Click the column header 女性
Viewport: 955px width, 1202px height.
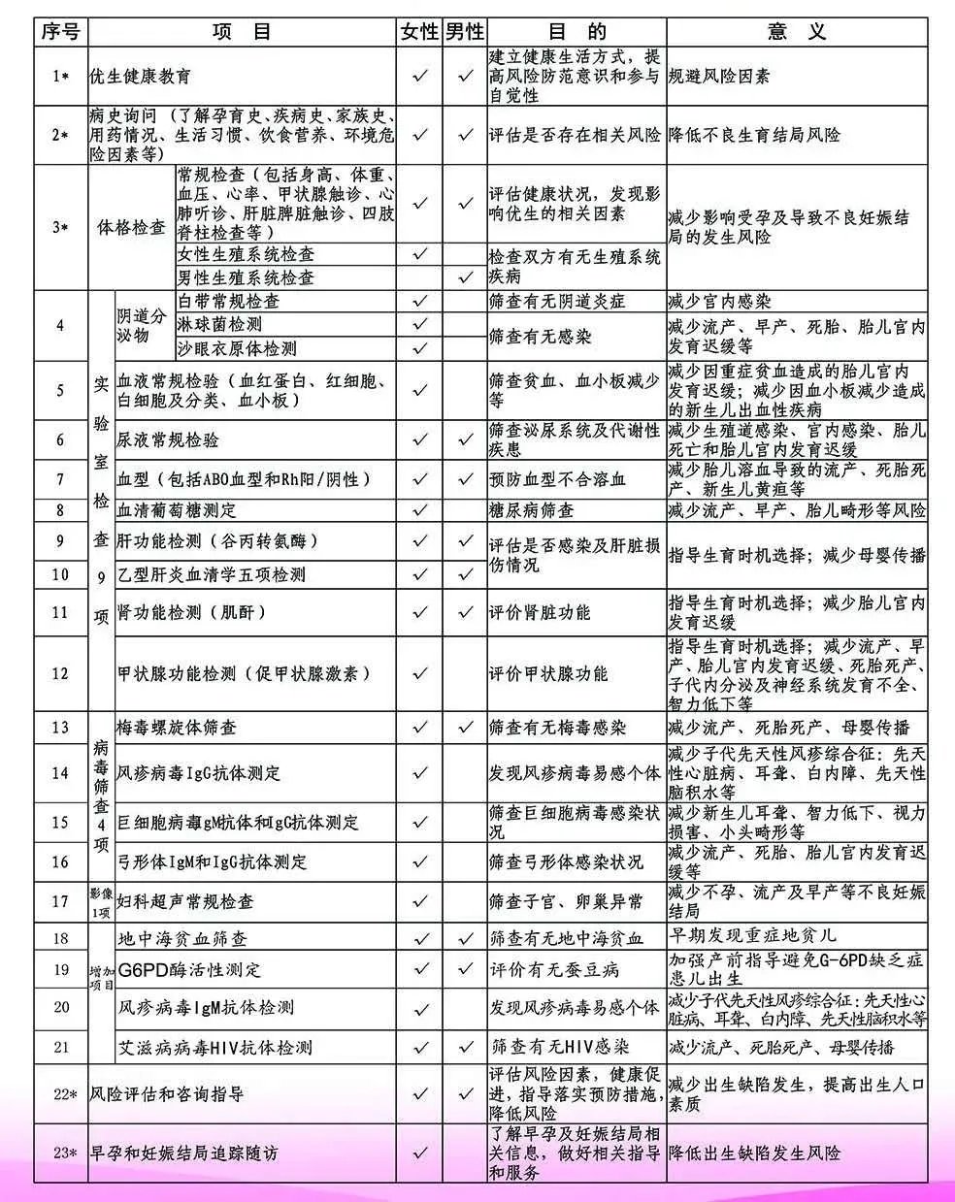tap(419, 32)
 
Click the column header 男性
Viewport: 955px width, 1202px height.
tap(464, 32)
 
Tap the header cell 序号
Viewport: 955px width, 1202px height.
tap(60, 32)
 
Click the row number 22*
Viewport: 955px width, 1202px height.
tap(60, 1094)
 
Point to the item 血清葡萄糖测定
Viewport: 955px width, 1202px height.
tap(177, 510)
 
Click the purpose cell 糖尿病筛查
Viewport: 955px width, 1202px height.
tap(532, 510)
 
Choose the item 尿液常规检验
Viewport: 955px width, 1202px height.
tap(169, 440)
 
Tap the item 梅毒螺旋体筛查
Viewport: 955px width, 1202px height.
tap(177, 727)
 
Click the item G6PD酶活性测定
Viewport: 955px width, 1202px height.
tap(189, 969)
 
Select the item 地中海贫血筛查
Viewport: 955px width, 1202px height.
tap(182, 938)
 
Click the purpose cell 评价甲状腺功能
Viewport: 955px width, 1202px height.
tap(549, 673)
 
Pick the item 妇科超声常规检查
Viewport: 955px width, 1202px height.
tap(185, 901)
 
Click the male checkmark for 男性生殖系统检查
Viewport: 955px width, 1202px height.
tap(465, 277)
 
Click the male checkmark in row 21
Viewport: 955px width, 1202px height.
tap(465, 1048)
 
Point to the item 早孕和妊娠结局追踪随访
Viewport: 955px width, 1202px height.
tap(183, 1153)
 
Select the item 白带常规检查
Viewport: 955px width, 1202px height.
tap(228, 302)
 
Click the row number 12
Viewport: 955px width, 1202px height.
tap(60, 673)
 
